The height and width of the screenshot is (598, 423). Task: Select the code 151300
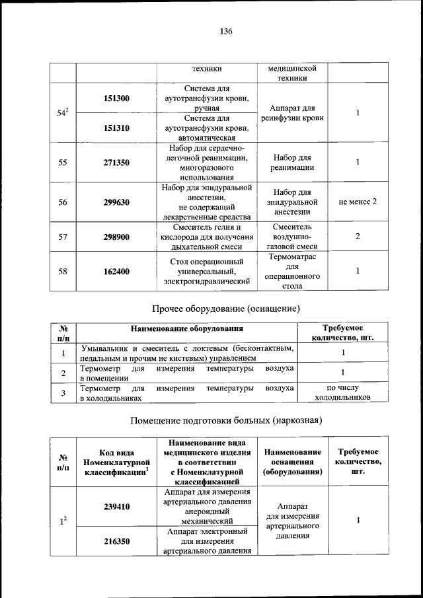(x=116, y=98)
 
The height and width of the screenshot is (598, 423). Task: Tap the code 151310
(x=116, y=128)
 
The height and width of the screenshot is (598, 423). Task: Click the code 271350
(x=116, y=162)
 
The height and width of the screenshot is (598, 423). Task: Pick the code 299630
(x=116, y=202)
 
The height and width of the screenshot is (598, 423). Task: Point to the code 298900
(x=116, y=237)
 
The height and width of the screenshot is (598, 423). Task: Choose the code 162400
(x=116, y=271)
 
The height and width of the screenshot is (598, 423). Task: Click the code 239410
(x=116, y=507)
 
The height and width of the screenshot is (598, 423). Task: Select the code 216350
(x=116, y=541)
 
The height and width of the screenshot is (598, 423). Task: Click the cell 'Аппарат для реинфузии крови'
(x=291, y=113)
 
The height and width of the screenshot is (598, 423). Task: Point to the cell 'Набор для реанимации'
(x=291, y=162)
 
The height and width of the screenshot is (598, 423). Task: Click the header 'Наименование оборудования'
(x=186, y=328)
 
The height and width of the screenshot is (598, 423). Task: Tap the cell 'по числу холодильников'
(x=342, y=392)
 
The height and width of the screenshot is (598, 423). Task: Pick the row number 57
(x=63, y=237)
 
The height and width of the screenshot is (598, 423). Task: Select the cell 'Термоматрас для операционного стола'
(x=291, y=272)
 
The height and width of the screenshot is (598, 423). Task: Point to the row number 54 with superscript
(x=63, y=113)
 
